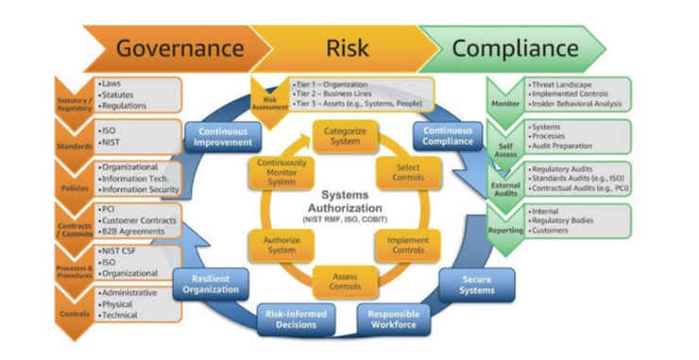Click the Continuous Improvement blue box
click(x=224, y=137)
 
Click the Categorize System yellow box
click(x=344, y=135)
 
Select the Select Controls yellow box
click(x=407, y=171)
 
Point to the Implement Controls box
click(x=407, y=243)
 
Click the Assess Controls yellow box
click(x=345, y=280)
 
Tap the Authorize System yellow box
click(x=281, y=243)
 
